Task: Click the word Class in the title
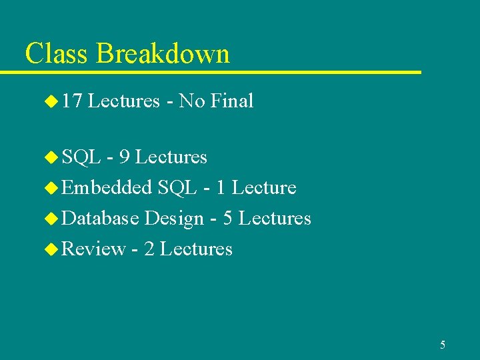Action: [57, 53]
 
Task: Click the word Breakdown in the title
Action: [163, 53]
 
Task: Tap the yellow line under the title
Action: [220, 71]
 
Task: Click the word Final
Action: [231, 101]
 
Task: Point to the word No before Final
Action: [192, 101]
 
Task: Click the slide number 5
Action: [443, 345]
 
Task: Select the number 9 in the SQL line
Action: [123, 157]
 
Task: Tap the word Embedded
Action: [107, 188]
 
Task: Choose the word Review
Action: [93, 249]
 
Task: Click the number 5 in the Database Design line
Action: [228, 219]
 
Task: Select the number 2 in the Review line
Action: [149, 249]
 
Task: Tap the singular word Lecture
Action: [264, 188]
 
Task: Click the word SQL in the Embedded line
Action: [177, 188]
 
